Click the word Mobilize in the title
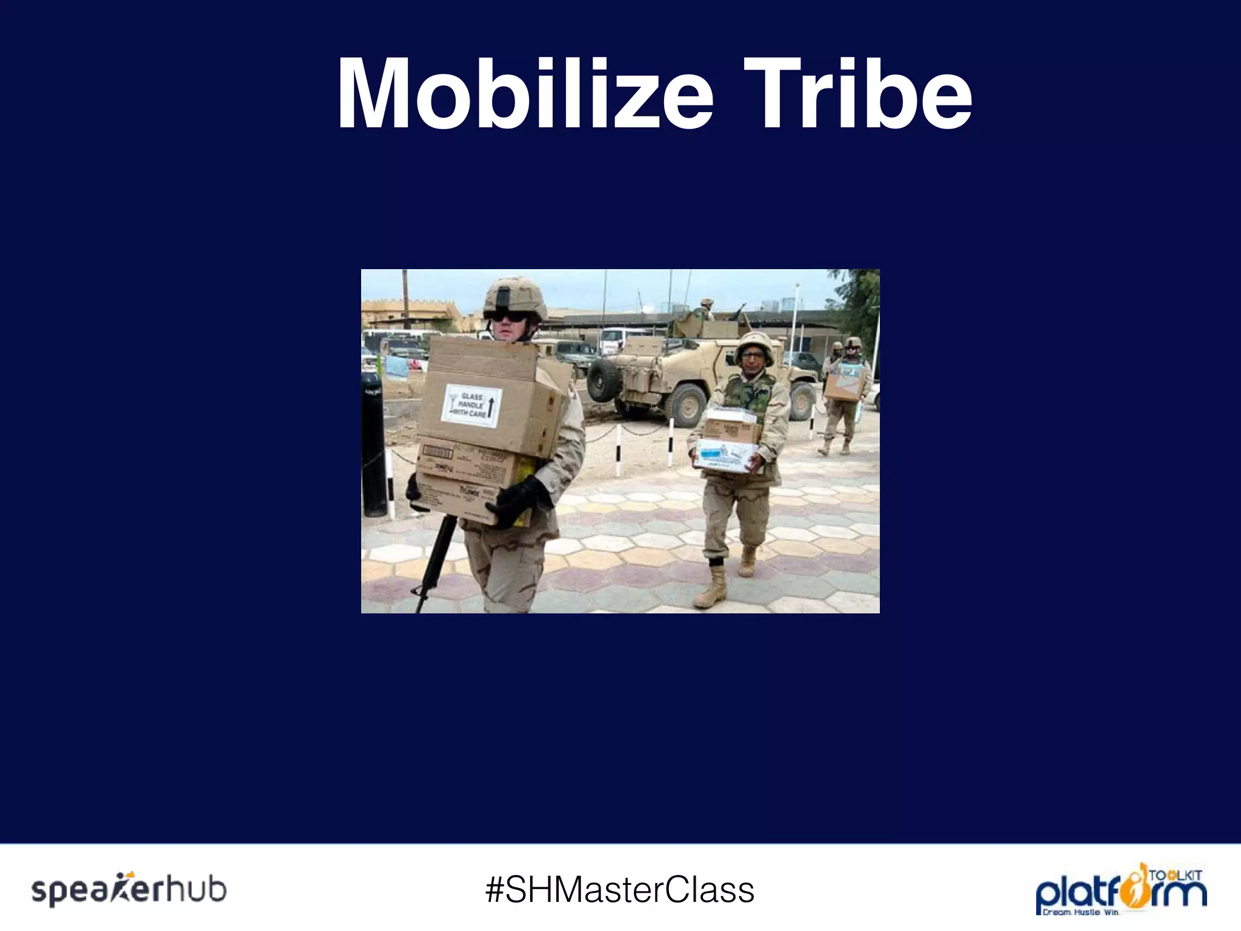click(x=525, y=94)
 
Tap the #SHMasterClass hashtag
click(x=620, y=890)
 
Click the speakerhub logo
click(x=129, y=890)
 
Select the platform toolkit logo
click(x=1120, y=889)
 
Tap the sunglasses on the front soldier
click(x=508, y=316)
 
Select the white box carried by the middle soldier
click(x=726, y=456)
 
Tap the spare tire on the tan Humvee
click(x=604, y=381)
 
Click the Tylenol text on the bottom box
click(x=470, y=490)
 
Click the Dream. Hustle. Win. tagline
click(x=1080, y=912)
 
